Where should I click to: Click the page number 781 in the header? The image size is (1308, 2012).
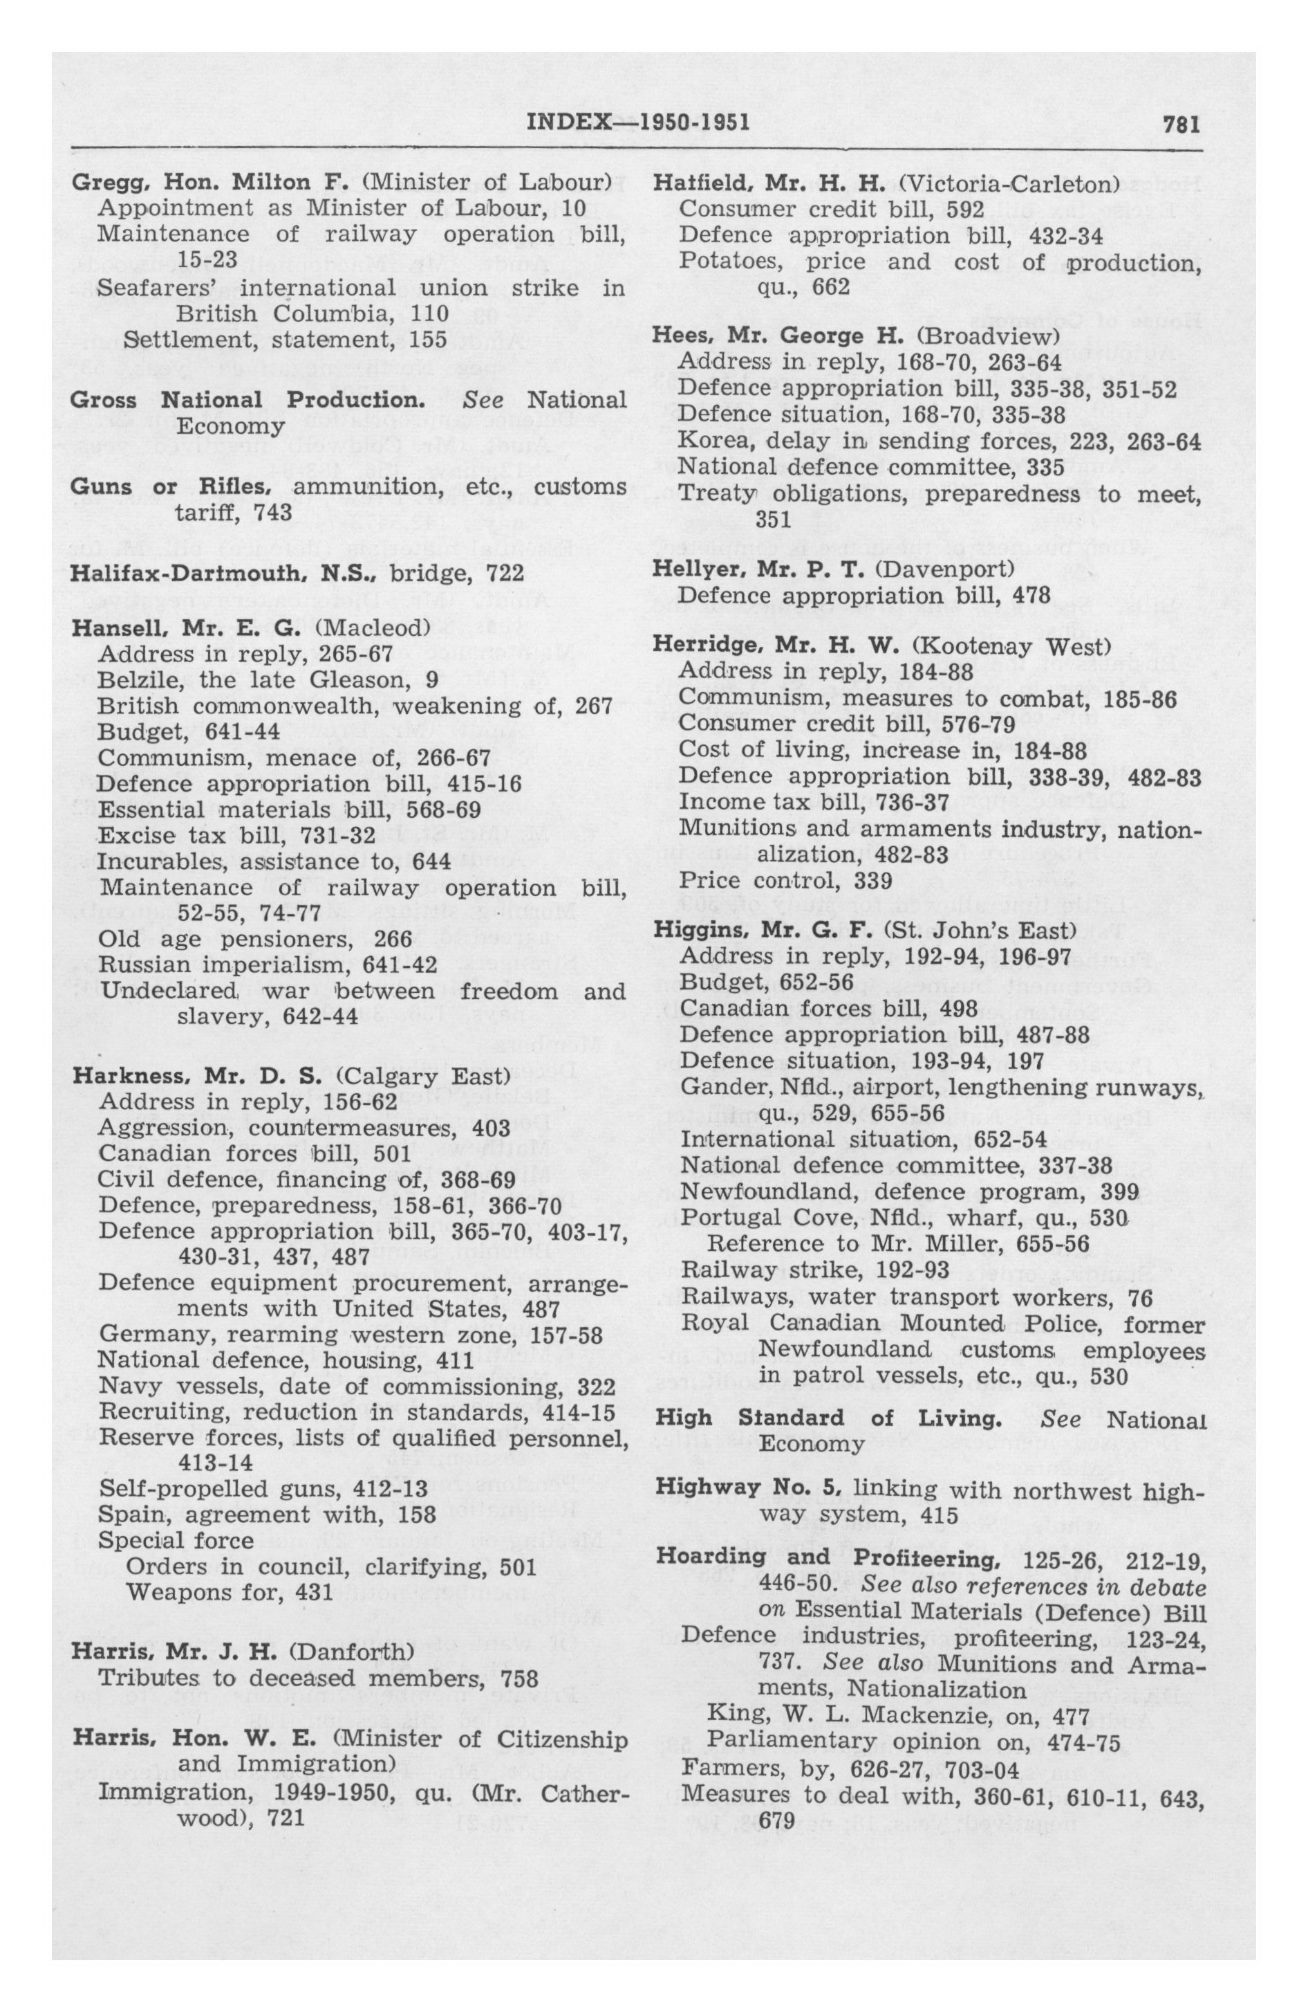[x=1182, y=125]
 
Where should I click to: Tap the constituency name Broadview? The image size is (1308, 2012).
[x=989, y=336]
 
